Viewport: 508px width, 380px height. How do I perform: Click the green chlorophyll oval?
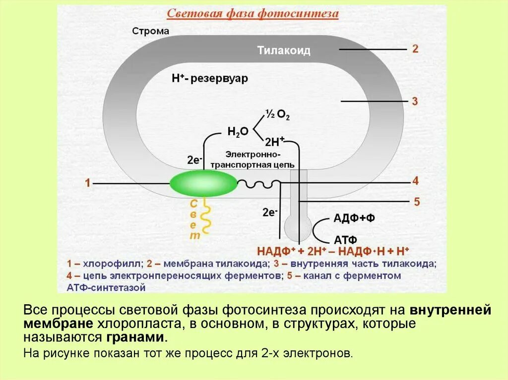(203, 184)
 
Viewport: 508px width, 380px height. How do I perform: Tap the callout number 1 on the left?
(87, 184)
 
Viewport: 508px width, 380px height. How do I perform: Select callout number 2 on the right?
(415, 49)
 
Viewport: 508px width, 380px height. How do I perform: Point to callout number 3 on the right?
(415, 102)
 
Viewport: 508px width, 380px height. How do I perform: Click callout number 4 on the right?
(416, 181)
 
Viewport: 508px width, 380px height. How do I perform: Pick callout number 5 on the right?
(416, 202)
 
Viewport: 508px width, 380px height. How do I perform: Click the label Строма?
(151, 31)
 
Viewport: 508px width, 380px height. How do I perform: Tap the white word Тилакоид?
(284, 51)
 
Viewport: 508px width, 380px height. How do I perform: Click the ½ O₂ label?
(277, 114)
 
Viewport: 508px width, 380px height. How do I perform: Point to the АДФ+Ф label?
(354, 218)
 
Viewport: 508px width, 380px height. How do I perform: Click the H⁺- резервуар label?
(209, 79)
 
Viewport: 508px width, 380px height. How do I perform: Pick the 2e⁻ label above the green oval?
(194, 160)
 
